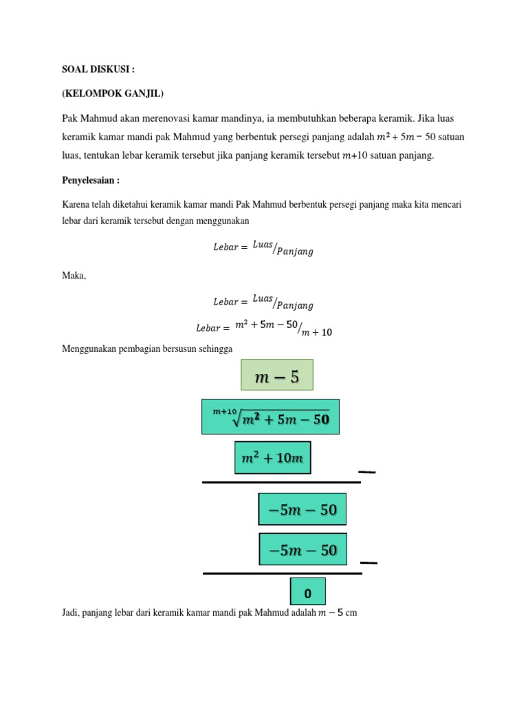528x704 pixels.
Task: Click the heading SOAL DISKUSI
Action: pyautogui.click(x=100, y=70)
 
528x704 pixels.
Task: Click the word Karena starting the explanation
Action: pyautogui.click(x=76, y=205)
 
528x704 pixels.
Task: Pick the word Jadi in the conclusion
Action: pyautogui.click(x=71, y=613)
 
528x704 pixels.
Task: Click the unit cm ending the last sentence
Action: pyautogui.click(x=351, y=613)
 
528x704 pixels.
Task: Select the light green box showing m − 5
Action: pyautogui.click(x=276, y=377)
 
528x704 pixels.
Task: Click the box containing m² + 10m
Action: pyautogui.click(x=273, y=458)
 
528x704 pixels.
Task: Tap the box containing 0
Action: pyautogui.click(x=307, y=593)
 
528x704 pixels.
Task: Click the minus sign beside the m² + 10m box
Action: pyautogui.click(x=367, y=472)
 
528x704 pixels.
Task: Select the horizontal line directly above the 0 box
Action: pyautogui.click(x=282, y=572)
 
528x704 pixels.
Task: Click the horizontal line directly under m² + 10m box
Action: pyautogui.click(x=281, y=482)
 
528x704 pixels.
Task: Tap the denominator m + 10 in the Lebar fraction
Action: pyautogui.click(x=317, y=332)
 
